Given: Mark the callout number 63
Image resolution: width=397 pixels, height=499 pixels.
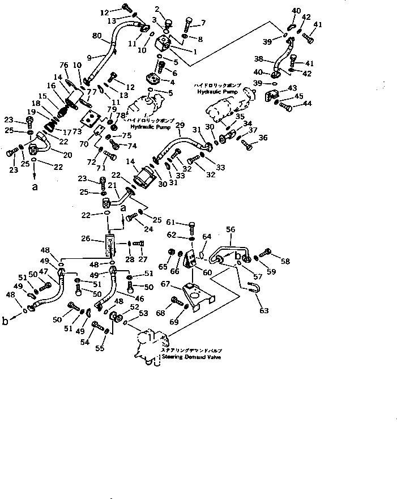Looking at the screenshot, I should click(263, 310).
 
